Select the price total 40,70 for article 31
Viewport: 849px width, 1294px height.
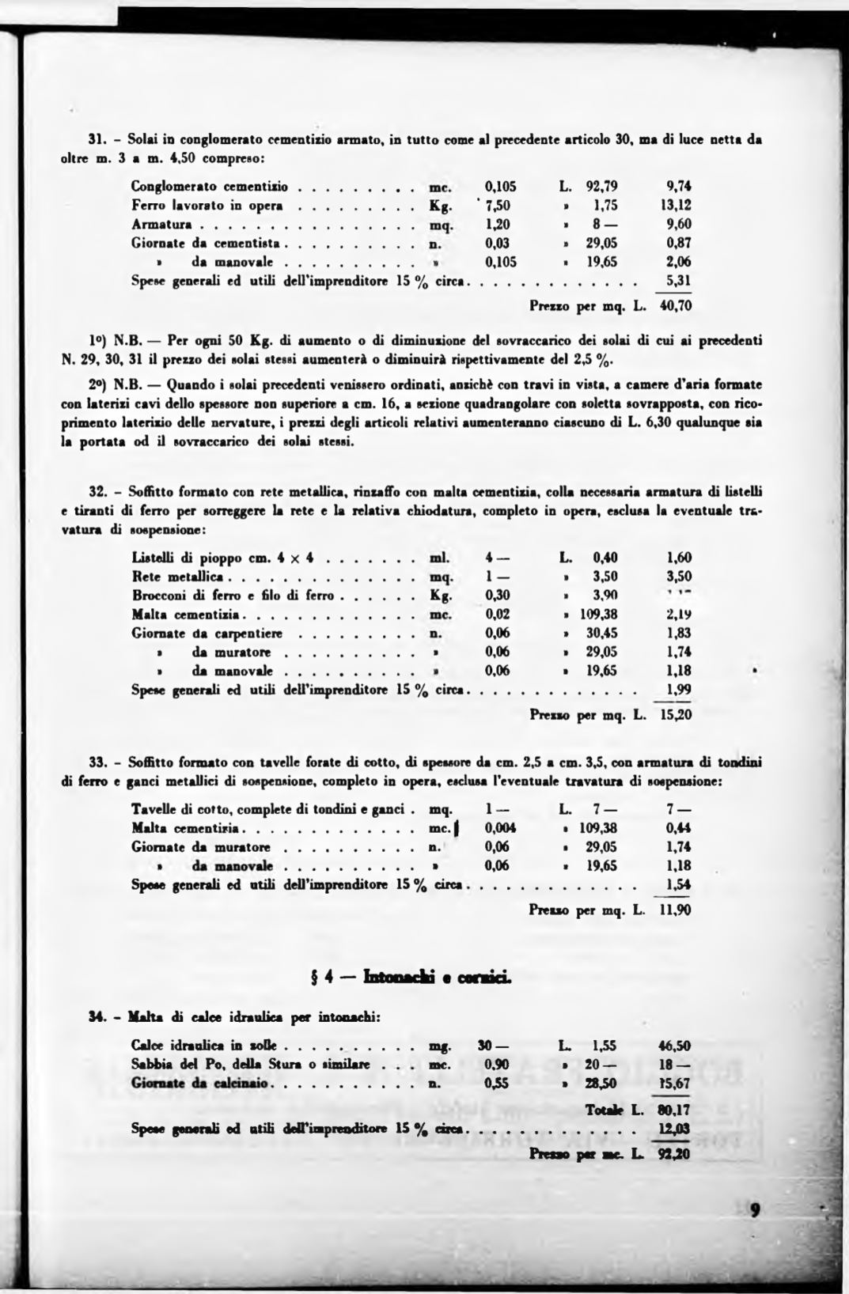[x=675, y=305]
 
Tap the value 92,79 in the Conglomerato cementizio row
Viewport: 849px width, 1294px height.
[x=601, y=187]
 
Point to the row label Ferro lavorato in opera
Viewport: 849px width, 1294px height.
[x=207, y=206]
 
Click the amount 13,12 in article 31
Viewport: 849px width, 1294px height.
[x=677, y=206]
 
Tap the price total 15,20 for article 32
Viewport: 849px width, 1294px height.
[x=675, y=715]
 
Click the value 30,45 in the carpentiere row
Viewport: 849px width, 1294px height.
[x=601, y=633]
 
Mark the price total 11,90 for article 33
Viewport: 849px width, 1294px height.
[x=675, y=910]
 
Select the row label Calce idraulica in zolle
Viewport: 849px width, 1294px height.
[x=203, y=1046]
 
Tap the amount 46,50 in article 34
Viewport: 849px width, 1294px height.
[x=675, y=1046]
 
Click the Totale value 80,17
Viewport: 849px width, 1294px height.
[x=675, y=1110]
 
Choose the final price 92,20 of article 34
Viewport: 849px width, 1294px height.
[x=675, y=1154]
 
